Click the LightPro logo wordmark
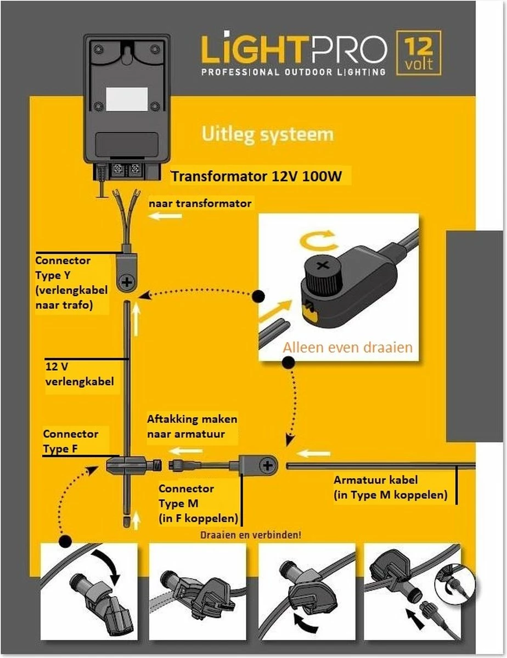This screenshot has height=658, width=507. pyautogui.click(x=294, y=50)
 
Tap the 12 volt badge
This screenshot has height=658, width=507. pyautogui.click(x=418, y=53)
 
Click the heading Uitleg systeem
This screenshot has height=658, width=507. pyautogui.click(x=267, y=134)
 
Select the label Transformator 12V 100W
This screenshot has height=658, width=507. pyautogui.click(x=260, y=177)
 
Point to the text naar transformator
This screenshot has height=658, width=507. pyautogui.click(x=200, y=203)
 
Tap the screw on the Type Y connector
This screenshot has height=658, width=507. pyautogui.click(x=128, y=283)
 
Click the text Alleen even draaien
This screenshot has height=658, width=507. pyautogui.click(x=347, y=347)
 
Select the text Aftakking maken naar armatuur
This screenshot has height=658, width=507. pyautogui.click(x=192, y=426)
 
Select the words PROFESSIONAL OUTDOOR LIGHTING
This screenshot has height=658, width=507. pyautogui.click(x=294, y=72)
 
